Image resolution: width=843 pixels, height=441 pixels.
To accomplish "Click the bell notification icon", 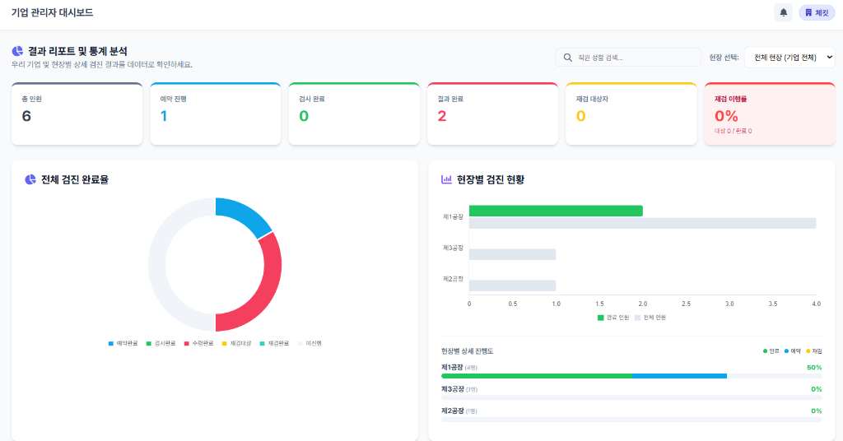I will tap(783, 12).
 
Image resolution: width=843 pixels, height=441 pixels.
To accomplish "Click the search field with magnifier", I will tap(628, 58).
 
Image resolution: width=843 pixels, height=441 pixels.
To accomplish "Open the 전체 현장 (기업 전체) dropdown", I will tap(789, 58).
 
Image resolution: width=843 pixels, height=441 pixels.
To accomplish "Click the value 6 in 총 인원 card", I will tap(26, 116).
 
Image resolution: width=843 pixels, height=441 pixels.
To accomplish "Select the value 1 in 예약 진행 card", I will tap(164, 116).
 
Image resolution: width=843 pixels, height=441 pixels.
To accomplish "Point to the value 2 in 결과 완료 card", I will tap(442, 116).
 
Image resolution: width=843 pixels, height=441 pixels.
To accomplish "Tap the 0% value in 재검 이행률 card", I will tap(726, 116).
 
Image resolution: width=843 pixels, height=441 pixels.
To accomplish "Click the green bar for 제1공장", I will tap(556, 211).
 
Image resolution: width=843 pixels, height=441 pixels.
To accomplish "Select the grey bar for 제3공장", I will tap(512, 254).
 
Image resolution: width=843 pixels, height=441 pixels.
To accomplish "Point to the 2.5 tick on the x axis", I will tap(686, 304).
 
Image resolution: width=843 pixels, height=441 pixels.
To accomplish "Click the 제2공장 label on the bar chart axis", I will tap(453, 279).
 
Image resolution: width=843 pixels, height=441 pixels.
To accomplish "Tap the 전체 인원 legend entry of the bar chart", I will tap(650, 318).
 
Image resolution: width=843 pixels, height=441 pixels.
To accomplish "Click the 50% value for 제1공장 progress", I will tap(814, 367).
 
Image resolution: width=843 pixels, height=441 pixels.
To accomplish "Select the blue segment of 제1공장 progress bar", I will tap(679, 376).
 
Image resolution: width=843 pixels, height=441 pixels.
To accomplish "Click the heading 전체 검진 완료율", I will tap(74, 179).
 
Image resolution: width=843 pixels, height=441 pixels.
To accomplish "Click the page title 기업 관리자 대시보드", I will tap(52, 12).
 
